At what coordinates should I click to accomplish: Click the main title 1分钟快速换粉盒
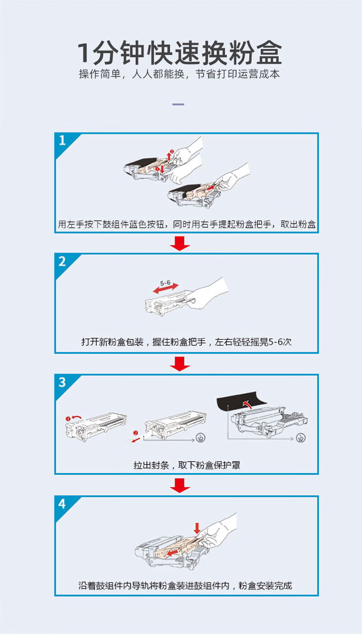click(x=180, y=53)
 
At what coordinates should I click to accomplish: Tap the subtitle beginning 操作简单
click(x=179, y=74)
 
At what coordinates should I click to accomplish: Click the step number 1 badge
click(x=62, y=141)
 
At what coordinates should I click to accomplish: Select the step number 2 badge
click(x=62, y=261)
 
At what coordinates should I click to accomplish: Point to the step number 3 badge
click(x=62, y=382)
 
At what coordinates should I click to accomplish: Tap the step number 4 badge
click(x=62, y=504)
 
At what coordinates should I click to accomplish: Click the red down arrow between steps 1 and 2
click(x=180, y=243)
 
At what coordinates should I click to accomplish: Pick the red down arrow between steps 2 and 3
click(x=180, y=364)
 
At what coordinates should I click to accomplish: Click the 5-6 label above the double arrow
click(x=165, y=283)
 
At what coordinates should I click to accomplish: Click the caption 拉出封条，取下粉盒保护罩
click(x=187, y=465)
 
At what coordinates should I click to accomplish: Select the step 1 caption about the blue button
click(x=186, y=224)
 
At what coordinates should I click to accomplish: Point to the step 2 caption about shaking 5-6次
click(x=186, y=342)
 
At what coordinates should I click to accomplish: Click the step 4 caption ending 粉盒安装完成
click(x=185, y=586)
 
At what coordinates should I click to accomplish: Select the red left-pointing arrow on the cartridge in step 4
click(x=173, y=553)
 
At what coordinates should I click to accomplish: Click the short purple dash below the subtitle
click(x=178, y=104)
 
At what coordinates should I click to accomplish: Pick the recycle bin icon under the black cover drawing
click(x=301, y=437)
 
